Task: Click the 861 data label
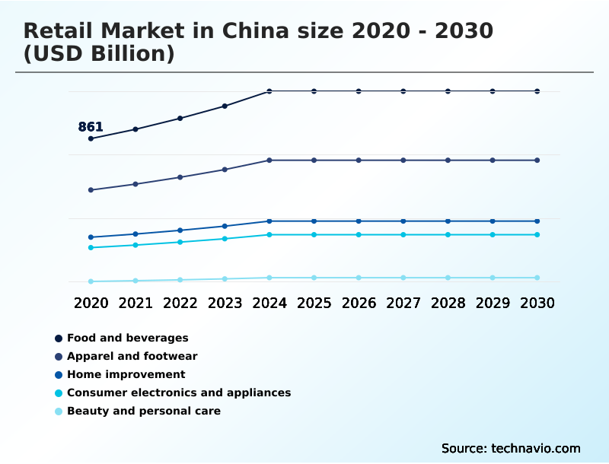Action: [x=91, y=127]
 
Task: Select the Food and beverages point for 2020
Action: [x=91, y=138]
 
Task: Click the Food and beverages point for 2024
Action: [x=269, y=91]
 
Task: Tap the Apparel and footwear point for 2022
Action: [x=180, y=177]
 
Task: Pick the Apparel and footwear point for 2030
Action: [x=537, y=160]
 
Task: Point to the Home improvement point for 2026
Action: [x=359, y=221]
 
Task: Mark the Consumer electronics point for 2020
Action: [x=91, y=247]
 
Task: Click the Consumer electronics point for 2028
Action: [x=448, y=235]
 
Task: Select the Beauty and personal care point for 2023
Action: [x=225, y=279]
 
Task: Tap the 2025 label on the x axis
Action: [x=314, y=303]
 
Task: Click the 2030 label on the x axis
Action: [x=537, y=303]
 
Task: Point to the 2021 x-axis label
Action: [x=136, y=303]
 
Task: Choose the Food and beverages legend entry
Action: [x=127, y=338]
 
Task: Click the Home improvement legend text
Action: [x=126, y=374]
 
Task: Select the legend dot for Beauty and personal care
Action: [x=59, y=412]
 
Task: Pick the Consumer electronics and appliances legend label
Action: [x=179, y=392]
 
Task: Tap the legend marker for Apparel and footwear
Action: [x=59, y=357]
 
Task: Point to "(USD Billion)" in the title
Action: [x=99, y=54]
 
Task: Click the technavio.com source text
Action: [x=536, y=448]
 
